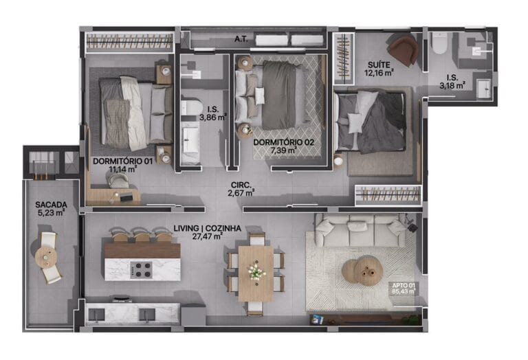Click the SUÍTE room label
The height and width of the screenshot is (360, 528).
[379, 65]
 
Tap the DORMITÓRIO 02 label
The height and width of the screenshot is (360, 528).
[283, 142]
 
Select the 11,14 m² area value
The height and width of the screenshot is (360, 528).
[122, 169]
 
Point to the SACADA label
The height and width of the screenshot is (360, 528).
[51, 205]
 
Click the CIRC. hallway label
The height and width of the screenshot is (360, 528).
[241, 185]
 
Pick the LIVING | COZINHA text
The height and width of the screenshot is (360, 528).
[208, 229]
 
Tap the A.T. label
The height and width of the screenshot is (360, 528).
[241, 39]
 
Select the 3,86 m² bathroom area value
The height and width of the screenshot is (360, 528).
[213, 117]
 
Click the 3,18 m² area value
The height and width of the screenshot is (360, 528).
[452, 85]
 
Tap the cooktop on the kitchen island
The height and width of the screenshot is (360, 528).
[141, 270]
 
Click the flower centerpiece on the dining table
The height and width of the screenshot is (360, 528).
[256, 271]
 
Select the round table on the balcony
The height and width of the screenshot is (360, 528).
[46, 258]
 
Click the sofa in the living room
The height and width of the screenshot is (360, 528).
[361, 230]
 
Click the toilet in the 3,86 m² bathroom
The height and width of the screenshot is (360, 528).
[190, 107]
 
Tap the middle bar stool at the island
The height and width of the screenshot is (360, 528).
[142, 234]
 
